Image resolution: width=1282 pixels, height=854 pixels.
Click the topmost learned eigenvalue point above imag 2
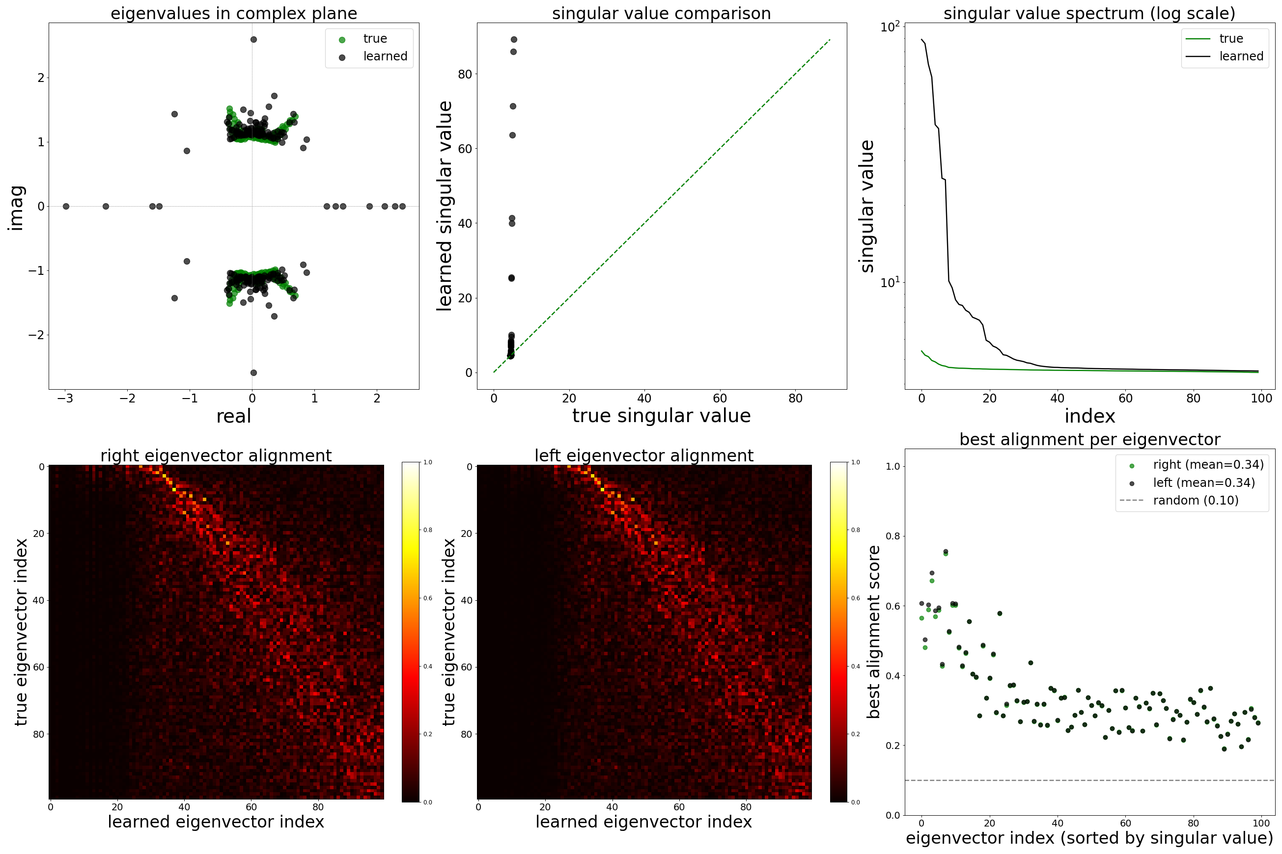253,40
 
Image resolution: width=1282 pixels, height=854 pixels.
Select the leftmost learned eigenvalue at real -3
66,207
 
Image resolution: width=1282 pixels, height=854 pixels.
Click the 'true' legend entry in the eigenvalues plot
374,39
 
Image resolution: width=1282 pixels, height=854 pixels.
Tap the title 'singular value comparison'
661,13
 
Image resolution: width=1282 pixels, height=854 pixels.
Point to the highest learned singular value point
513,40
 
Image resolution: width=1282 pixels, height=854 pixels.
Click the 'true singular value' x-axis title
661,416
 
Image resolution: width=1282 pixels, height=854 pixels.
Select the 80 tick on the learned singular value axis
464,75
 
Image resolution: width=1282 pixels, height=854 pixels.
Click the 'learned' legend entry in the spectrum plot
1241,56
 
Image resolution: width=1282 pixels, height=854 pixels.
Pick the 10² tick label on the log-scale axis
890,27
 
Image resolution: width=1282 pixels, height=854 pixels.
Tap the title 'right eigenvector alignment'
216,455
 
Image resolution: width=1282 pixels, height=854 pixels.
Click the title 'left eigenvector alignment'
644,455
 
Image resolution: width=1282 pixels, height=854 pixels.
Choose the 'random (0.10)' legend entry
1196,501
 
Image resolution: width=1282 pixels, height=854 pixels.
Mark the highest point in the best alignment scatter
946,552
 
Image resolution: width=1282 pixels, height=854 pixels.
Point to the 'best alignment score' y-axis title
873,632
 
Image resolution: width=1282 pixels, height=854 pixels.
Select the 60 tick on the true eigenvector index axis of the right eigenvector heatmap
38,667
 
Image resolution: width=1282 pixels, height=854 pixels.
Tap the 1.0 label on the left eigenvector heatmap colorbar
856,462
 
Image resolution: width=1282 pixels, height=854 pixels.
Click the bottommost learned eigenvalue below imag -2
253,373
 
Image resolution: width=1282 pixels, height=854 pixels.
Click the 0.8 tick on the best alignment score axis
893,536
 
